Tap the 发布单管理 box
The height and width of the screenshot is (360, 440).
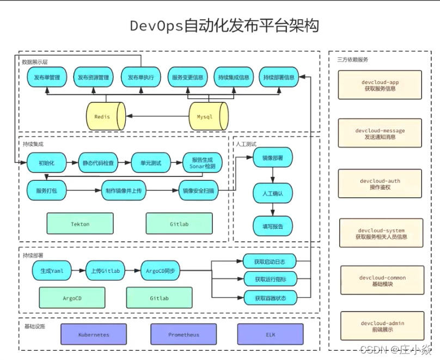[47, 77]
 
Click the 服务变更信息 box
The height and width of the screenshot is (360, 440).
[187, 77]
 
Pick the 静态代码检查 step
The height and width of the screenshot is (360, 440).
[98, 162]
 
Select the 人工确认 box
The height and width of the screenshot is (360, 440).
[272, 193]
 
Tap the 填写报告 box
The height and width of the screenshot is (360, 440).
[272, 225]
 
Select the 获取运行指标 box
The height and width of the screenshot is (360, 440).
[270, 280]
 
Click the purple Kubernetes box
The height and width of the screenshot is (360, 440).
[94, 334]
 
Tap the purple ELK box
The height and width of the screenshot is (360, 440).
[270, 334]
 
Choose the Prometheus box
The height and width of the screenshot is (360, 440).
[183, 334]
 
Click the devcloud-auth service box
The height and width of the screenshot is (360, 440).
[381, 184]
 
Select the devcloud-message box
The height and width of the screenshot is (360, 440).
[380, 133]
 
